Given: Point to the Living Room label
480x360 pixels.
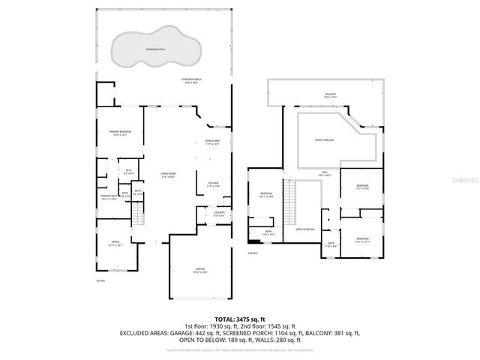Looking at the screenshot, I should [x=166, y=175].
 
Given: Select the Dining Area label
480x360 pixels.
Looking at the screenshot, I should [x=212, y=142].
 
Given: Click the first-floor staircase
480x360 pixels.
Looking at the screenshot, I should [x=137, y=218].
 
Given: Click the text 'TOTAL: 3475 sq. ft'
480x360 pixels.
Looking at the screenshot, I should [x=238, y=318].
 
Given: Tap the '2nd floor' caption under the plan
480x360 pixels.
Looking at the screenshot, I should [x=252, y=253].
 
